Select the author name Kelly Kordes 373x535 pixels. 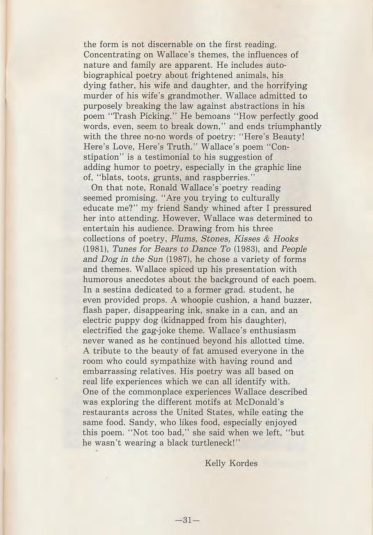click(231, 464)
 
